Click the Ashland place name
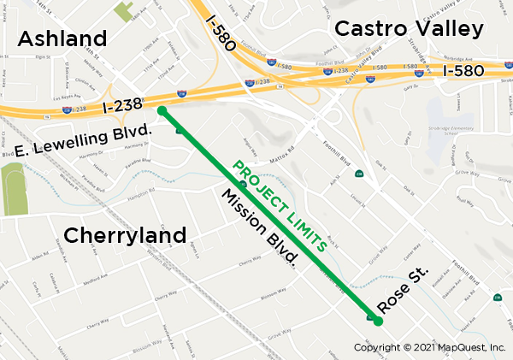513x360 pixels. point(62,38)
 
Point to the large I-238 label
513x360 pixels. point(121,107)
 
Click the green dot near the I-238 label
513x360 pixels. point(162,109)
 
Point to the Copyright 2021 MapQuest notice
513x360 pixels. point(430,347)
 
